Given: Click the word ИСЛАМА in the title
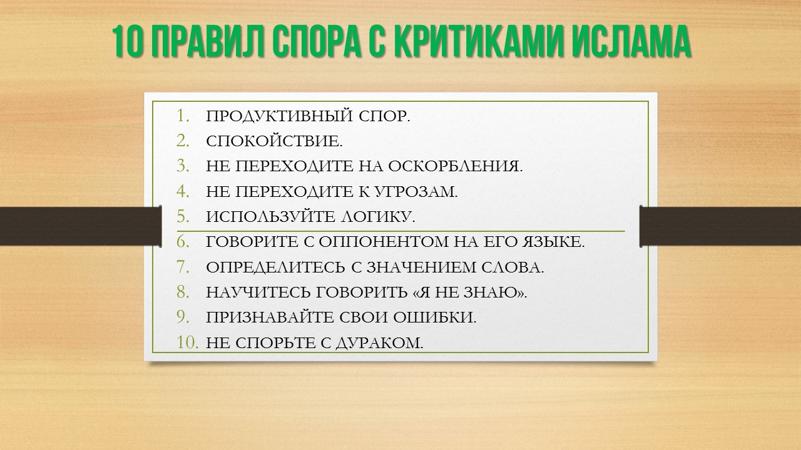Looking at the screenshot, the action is [631, 41].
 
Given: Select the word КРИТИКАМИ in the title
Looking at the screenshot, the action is [479, 41].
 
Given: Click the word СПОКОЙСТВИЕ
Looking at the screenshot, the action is [274, 141].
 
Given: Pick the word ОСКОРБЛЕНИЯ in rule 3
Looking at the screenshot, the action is [456, 166].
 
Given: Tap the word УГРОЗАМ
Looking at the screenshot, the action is [417, 192].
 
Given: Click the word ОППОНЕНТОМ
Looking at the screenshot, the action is [384, 242].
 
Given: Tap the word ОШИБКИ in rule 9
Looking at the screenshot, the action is [435, 317].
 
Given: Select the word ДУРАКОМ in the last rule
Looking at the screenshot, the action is [379, 343].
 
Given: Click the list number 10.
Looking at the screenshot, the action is [188, 343].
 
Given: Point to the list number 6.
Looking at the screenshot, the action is [183, 242].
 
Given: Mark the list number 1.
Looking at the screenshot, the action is [183, 116].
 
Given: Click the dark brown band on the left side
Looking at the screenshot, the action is [81, 226].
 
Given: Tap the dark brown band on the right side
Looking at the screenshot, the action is [720, 226].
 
